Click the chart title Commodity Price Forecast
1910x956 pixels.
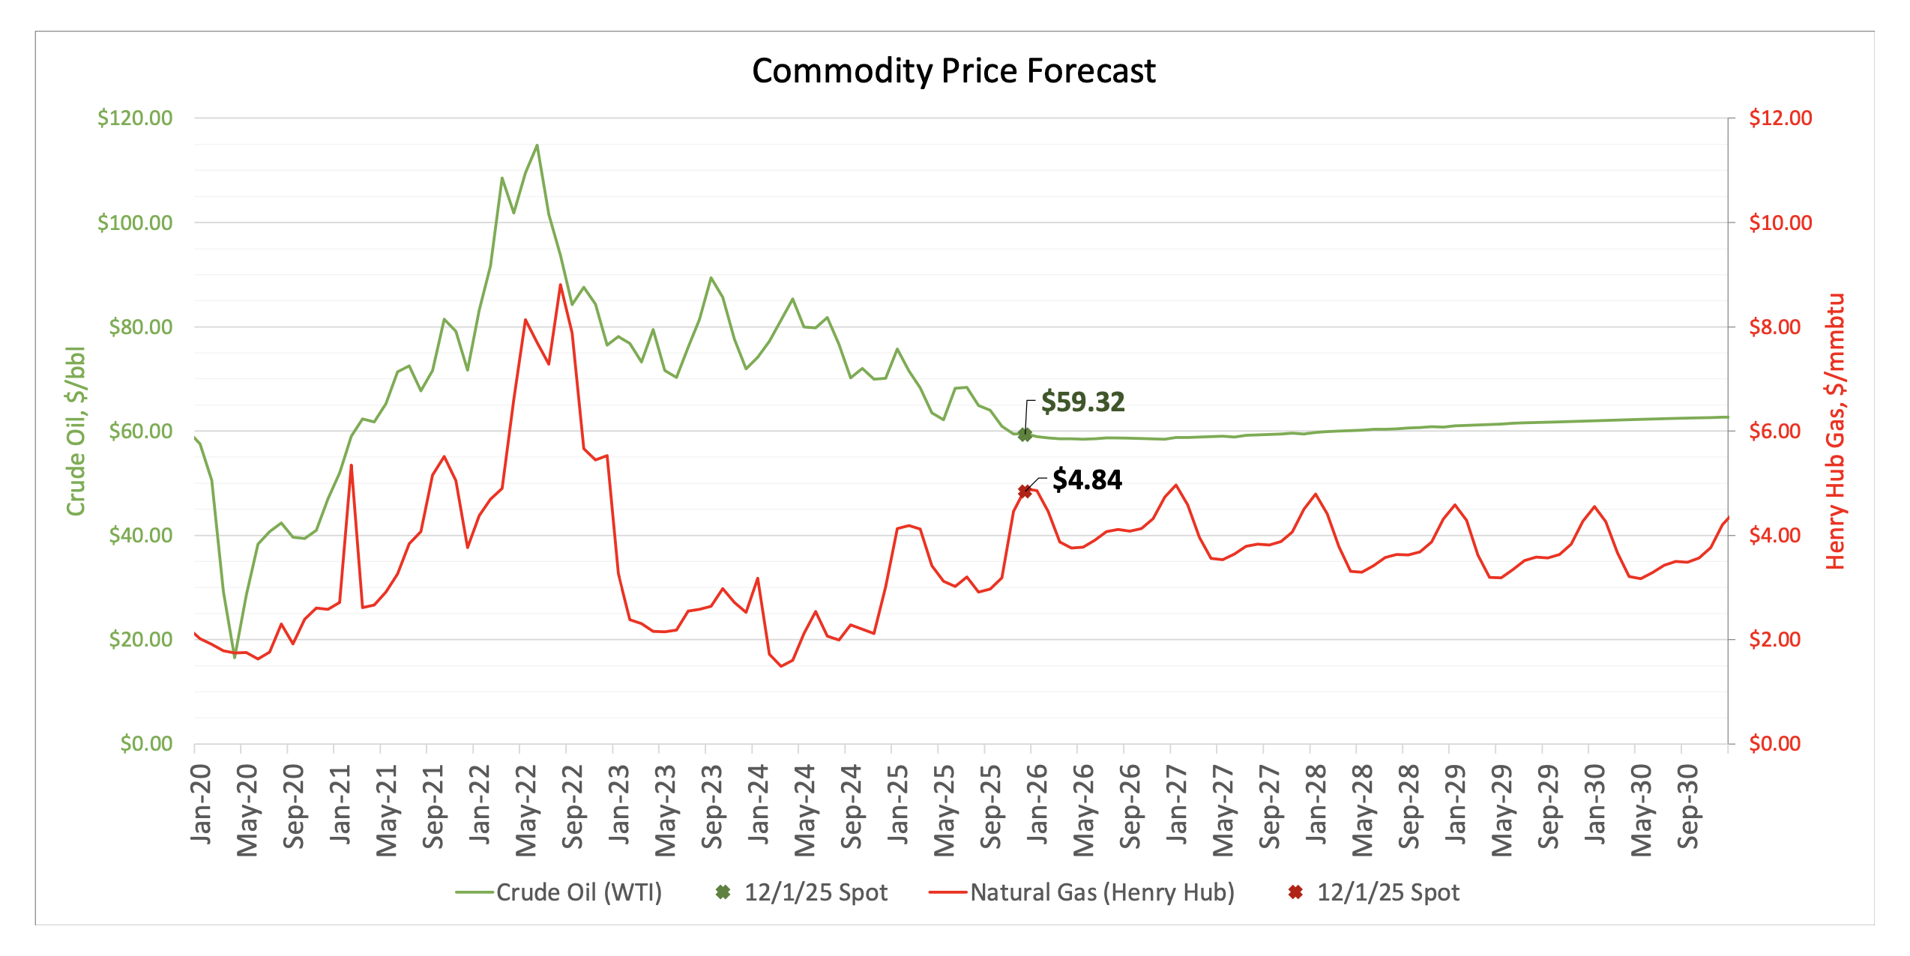(954, 71)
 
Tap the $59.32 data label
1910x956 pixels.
(1082, 402)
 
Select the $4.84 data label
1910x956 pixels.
(1087, 480)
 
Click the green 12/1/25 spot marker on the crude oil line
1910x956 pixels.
(1025, 435)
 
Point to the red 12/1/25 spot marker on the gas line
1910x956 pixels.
(1025, 491)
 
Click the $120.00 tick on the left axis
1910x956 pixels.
(135, 118)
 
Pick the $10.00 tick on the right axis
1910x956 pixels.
(1780, 223)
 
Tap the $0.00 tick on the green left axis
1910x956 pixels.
(146, 744)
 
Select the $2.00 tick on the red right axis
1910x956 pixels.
(1774, 640)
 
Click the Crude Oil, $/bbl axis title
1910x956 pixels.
(76, 431)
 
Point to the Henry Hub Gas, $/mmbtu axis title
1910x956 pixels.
(1834, 431)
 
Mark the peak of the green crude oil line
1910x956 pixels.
(537, 145)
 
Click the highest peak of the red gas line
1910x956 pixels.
(560, 285)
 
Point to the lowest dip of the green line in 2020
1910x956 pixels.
(235, 657)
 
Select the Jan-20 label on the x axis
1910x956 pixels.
(201, 803)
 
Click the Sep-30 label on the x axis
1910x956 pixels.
(1687, 806)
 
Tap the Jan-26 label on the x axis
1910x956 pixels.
(1037, 803)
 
